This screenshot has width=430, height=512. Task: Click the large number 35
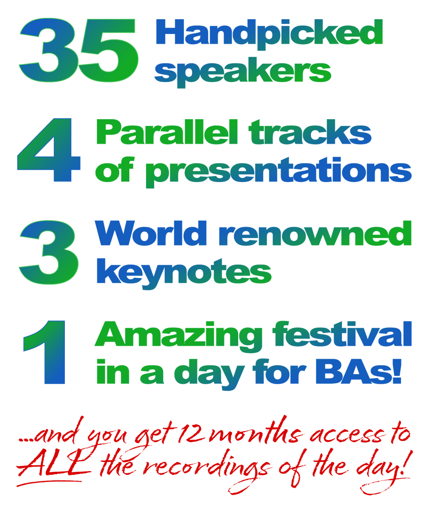(78, 50)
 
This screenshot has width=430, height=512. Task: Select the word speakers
(243, 72)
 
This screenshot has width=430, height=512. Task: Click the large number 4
(49, 150)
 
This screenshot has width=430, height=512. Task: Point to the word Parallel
(167, 132)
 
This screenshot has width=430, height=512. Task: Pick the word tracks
(310, 132)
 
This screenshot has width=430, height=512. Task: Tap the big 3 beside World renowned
(49, 252)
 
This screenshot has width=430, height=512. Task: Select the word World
(151, 233)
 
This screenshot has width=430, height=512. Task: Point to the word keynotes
(184, 274)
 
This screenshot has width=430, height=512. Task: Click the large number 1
(44, 352)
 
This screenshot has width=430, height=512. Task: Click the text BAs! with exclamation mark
(359, 371)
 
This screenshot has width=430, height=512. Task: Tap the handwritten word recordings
(207, 470)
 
